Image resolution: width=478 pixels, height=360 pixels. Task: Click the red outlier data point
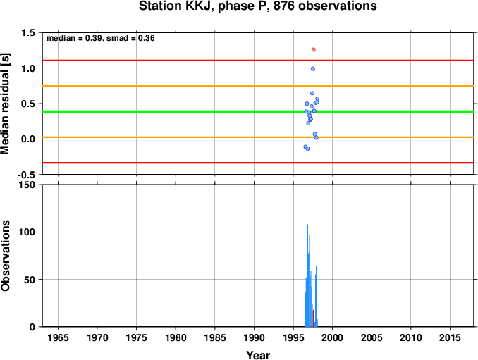314,49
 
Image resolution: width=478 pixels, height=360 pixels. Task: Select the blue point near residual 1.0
313,69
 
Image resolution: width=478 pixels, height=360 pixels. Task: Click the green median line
258,111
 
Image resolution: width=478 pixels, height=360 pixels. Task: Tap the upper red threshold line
258,61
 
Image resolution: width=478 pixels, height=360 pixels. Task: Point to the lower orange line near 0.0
258,137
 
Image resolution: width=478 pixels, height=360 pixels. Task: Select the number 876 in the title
284,6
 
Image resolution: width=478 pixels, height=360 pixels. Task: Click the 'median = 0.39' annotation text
73,38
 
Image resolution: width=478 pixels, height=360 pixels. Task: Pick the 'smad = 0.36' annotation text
130,38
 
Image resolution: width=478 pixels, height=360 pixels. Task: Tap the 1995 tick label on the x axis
293,337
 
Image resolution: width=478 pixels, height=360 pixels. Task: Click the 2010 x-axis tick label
410,337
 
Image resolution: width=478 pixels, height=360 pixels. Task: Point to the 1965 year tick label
58,337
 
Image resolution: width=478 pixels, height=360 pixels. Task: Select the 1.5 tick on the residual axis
28,32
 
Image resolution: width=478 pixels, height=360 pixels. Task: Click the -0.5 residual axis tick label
26,175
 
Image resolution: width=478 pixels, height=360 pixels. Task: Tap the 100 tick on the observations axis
27,232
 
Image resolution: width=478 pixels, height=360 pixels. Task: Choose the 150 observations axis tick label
27,185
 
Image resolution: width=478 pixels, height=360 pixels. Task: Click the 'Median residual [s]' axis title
5,104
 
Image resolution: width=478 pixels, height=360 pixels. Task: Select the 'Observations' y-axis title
5,256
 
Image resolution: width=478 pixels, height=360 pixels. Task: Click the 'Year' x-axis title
258,355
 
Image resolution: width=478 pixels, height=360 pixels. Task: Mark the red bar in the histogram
314,318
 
